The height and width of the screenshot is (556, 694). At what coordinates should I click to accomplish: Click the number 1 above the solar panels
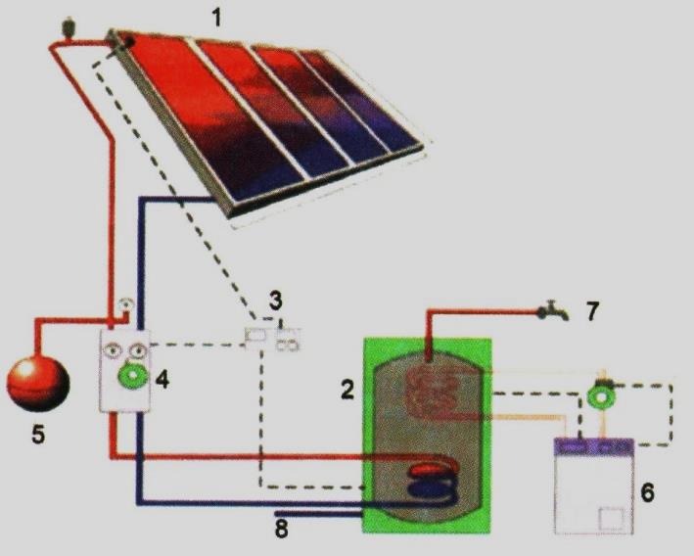(216, 19)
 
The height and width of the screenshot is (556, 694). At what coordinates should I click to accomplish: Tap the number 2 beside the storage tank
(347, 391)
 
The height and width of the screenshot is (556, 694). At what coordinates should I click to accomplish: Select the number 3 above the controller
(276, 301)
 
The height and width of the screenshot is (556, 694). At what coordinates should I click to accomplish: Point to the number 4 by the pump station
(162, 380)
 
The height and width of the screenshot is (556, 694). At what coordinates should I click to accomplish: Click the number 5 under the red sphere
(38, 435)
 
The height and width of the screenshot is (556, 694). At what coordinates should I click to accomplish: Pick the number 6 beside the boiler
(648, 492)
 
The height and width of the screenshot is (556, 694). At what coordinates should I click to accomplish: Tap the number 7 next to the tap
(592, 310)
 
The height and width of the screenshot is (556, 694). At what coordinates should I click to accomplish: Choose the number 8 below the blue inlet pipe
(282, 529)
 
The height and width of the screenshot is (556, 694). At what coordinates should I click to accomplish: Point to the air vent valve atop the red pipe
(69, 26)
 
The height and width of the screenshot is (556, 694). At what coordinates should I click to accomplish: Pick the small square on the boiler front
(611, 519)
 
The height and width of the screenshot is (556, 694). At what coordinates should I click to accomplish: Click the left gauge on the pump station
(113, 350)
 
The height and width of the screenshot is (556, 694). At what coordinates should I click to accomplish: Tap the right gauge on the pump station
(138, 350)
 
